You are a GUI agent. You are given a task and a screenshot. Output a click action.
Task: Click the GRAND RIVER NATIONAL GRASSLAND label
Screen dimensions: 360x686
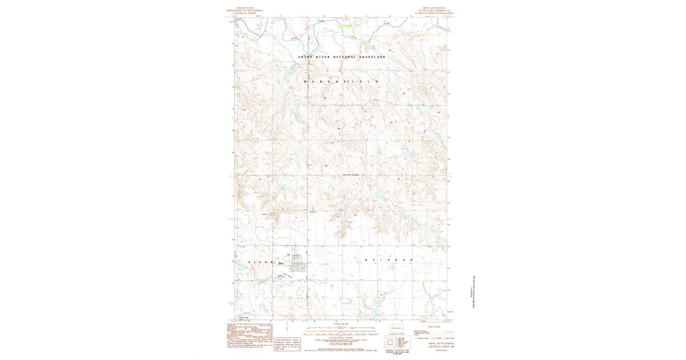[x=342, y=57]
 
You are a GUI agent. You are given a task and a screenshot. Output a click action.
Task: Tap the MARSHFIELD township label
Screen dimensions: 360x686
[x=342, y=82]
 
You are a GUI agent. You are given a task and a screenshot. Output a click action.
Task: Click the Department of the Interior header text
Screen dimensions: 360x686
[x=240, y=11]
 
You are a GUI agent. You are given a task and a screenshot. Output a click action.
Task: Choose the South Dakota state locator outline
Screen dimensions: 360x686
[x=396, y=328]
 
